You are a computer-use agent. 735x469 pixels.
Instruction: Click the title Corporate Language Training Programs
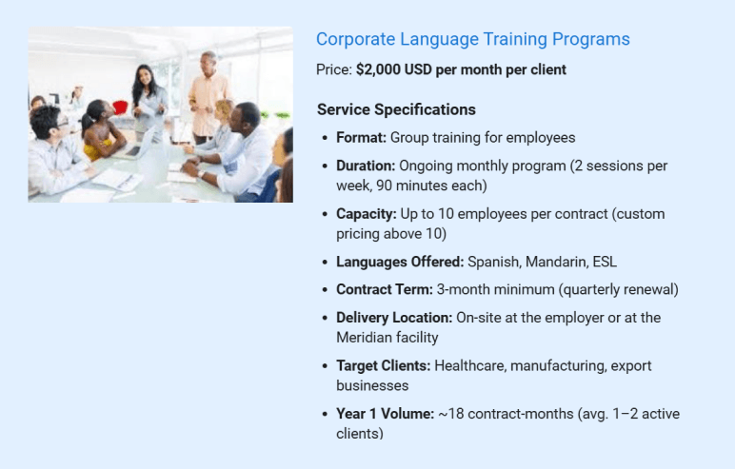(472, 39)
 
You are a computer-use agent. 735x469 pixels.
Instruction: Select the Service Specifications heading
(396, 109)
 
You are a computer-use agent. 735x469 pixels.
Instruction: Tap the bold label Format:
(361, 138)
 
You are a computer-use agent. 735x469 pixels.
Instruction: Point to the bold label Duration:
(366, 166)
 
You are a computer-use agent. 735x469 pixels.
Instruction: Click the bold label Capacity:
(366, 213)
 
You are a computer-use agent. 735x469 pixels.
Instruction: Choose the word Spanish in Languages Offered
(493, 262)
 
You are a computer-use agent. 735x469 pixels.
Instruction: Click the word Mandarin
(555, 262)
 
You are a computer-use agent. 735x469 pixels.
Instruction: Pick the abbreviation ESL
(605, 262)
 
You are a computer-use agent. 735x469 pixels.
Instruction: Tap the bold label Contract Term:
(384, 289)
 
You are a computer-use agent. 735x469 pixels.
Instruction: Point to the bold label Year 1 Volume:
(385, 414)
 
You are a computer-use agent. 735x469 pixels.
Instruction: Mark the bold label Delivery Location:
(394, 318)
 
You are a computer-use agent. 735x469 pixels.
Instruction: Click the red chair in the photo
(120, 107)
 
